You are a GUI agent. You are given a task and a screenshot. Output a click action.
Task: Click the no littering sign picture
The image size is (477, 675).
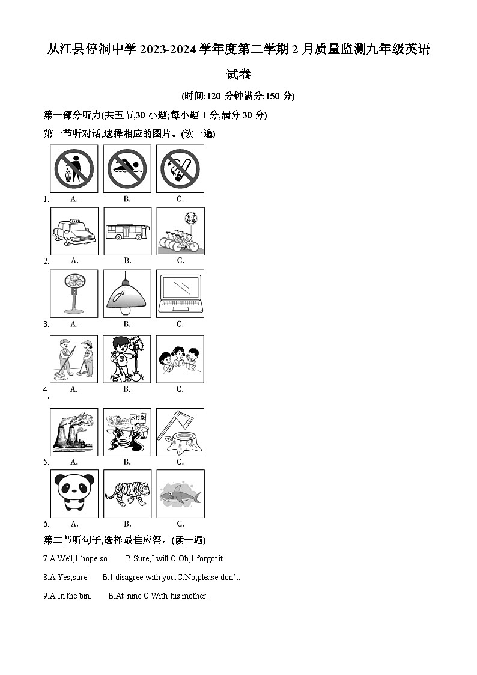coord(74,169)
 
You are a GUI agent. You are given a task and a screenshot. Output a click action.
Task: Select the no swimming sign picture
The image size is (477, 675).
coord(127,169)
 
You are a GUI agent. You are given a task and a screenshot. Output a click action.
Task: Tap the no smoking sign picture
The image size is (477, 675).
coord(180,169)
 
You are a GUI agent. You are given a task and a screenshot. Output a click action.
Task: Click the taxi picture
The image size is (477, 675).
coord(74,231)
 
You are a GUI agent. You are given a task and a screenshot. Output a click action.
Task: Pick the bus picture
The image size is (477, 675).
coord(127,231)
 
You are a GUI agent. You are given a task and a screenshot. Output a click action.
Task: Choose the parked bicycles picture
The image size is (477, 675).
coord(181,231)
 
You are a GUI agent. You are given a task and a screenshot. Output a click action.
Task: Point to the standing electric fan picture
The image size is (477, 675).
coord(74,293)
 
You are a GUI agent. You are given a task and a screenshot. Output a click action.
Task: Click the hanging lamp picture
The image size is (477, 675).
coord(127,293)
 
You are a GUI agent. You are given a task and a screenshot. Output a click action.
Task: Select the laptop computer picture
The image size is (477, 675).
coord(180,293)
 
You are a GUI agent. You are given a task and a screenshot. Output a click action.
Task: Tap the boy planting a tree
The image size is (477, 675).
coord(127,359)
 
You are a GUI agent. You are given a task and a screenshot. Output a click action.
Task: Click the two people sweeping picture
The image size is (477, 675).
coord(74,359)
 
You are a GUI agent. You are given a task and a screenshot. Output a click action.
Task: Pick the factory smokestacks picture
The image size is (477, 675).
coord(74,432)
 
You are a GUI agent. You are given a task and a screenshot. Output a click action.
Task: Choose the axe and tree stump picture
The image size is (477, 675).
coord(180,432)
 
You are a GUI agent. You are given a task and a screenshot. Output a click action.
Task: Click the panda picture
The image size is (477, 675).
coord(74,493)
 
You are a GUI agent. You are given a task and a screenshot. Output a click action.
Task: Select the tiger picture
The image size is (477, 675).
coord(127,493)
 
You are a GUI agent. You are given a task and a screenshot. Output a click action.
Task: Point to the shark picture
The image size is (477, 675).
coord(181,493)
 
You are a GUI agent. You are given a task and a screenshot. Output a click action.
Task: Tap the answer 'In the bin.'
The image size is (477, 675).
coord(74,596)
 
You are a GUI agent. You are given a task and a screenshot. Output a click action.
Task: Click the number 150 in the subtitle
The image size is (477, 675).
coord(272,96)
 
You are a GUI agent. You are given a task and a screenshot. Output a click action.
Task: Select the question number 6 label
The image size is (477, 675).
coord(46,524)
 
